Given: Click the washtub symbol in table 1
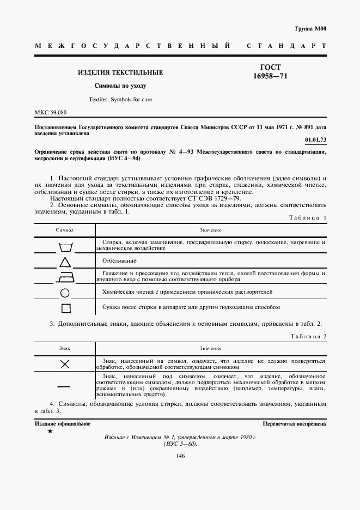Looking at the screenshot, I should [x=65, y=247].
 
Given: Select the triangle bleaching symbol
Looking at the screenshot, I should [x=65, y=263].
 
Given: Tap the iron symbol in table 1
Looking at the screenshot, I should [x=65, y=278].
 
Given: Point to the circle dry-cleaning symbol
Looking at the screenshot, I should [x=65, y=293].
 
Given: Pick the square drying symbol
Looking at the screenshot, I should [x=65, y=308].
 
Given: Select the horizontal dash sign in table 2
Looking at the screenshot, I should [x=65, y=386].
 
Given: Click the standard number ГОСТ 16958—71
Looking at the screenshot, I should [x=270, y=71].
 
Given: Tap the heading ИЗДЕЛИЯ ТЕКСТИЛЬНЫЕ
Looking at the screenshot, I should [x=120, y=72].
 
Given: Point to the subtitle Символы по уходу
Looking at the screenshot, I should [x=120, y=86].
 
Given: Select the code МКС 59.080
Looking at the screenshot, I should [x=50, y=113].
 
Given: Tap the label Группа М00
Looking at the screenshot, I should [x=310, y=28].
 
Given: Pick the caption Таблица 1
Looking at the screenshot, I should [x=306, y=218].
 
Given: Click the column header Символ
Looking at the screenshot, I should [x=64, y=230].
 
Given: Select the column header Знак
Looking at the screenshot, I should [x=64, y=348].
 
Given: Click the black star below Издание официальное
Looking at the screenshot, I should [x=50, y=431].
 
